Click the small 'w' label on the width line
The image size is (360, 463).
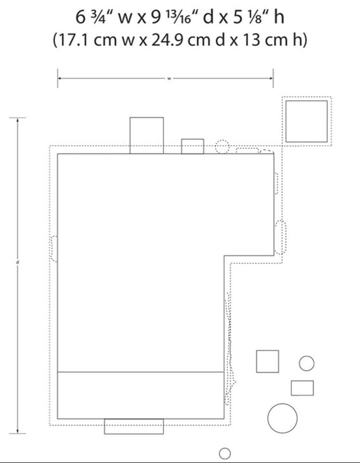click(169, 79)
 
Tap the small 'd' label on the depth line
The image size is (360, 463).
click(17, 262)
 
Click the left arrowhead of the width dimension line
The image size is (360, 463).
click(60, 79)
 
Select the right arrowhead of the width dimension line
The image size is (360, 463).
click(271, 79)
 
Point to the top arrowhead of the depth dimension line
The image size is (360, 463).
click(17, 120)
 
